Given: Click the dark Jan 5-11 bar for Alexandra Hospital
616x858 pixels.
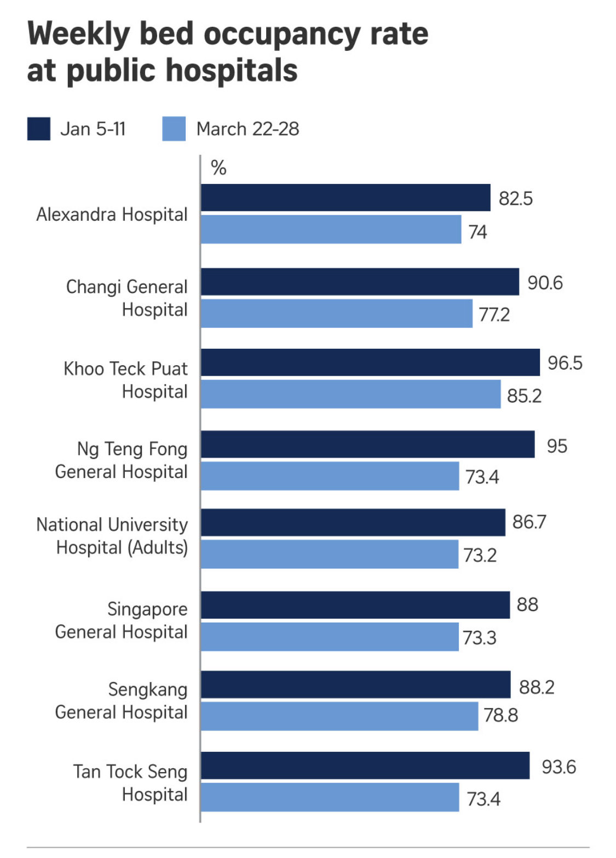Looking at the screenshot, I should click(345, 198).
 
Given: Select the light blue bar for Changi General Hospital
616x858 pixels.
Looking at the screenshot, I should click(336, 313).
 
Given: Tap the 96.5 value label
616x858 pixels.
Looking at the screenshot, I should click(565, 363).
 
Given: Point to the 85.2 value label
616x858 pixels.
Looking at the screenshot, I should click(524, 395).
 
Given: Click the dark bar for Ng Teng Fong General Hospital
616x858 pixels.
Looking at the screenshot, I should click(367, 444).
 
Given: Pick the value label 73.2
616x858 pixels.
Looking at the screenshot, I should click(480, 555).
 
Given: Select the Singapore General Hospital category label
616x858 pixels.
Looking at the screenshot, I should click(122, 620).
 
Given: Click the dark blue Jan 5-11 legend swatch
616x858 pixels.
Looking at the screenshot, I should click(39, 129).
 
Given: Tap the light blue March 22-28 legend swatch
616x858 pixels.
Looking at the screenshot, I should click(174, 129).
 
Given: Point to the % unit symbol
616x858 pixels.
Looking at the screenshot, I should click(218, 168).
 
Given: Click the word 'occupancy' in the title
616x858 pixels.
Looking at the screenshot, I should click(281, 34).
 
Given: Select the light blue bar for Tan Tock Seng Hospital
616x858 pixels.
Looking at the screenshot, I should click(330, 797).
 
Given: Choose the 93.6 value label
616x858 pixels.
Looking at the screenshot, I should click(559, 767).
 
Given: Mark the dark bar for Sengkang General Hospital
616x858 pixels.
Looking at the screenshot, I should click(355, 684).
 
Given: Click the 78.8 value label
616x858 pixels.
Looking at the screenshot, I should click(500, 715).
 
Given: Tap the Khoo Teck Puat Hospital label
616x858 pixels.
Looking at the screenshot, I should click(126, 380).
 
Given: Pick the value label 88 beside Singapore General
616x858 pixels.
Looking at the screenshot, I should click(527, 604).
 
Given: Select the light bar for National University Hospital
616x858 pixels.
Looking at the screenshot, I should click(329, 554).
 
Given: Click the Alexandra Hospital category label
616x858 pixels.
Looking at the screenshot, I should click(112, 215).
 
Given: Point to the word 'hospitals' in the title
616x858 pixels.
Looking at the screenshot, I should click(232, 71).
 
